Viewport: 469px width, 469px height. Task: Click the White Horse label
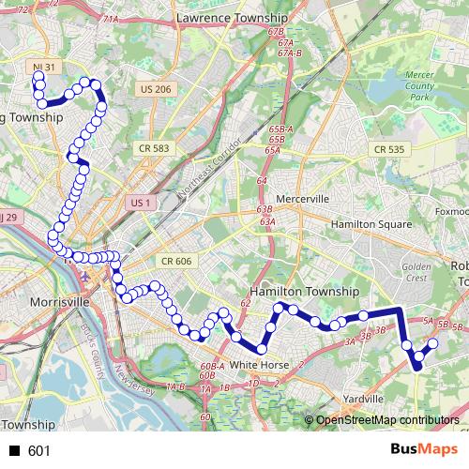pyautogui.click(x=256, y=364)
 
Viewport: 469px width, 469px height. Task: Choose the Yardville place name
pyautogui.click(x=361, y=398)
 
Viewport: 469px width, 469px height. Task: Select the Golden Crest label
pyautogui.click(x=417, y=273)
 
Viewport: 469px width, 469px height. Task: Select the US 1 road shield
pyautogui.click(x=141, y=203)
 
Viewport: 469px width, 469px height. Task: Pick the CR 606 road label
pyautogui.click(x=175, y=261)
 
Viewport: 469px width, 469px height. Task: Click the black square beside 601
pyautogui.click(x=14, y=451)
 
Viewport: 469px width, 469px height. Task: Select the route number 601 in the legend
pyautogui.click(x=38, y=451)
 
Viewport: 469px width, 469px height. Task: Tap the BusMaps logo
pyautogui.click(x=418, y=450)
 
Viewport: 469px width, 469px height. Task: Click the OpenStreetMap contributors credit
pyautogui.click(x=387, y=421)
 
